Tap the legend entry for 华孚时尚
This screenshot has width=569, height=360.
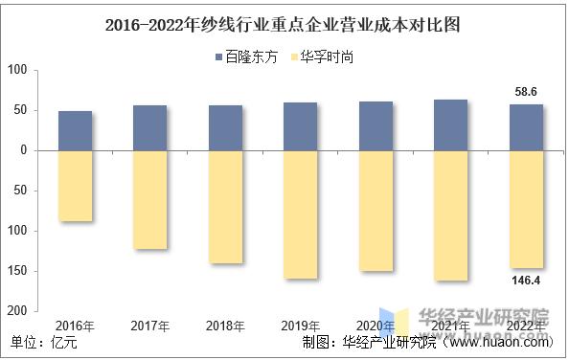click(325, 57)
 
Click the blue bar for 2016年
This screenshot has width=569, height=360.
click(76, 130)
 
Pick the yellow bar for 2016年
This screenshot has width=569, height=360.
click(76, 186)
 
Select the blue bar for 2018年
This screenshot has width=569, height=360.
click(226, 127)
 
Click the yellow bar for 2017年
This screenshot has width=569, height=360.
click(150, 200)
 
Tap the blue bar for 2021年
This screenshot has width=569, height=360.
click(451, 124)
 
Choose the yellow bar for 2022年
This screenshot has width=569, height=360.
click(526, 209)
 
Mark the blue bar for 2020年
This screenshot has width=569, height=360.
click(376, 125)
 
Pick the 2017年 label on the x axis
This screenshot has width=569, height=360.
click(150, 326)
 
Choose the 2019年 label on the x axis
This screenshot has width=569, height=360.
click(301, 326)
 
